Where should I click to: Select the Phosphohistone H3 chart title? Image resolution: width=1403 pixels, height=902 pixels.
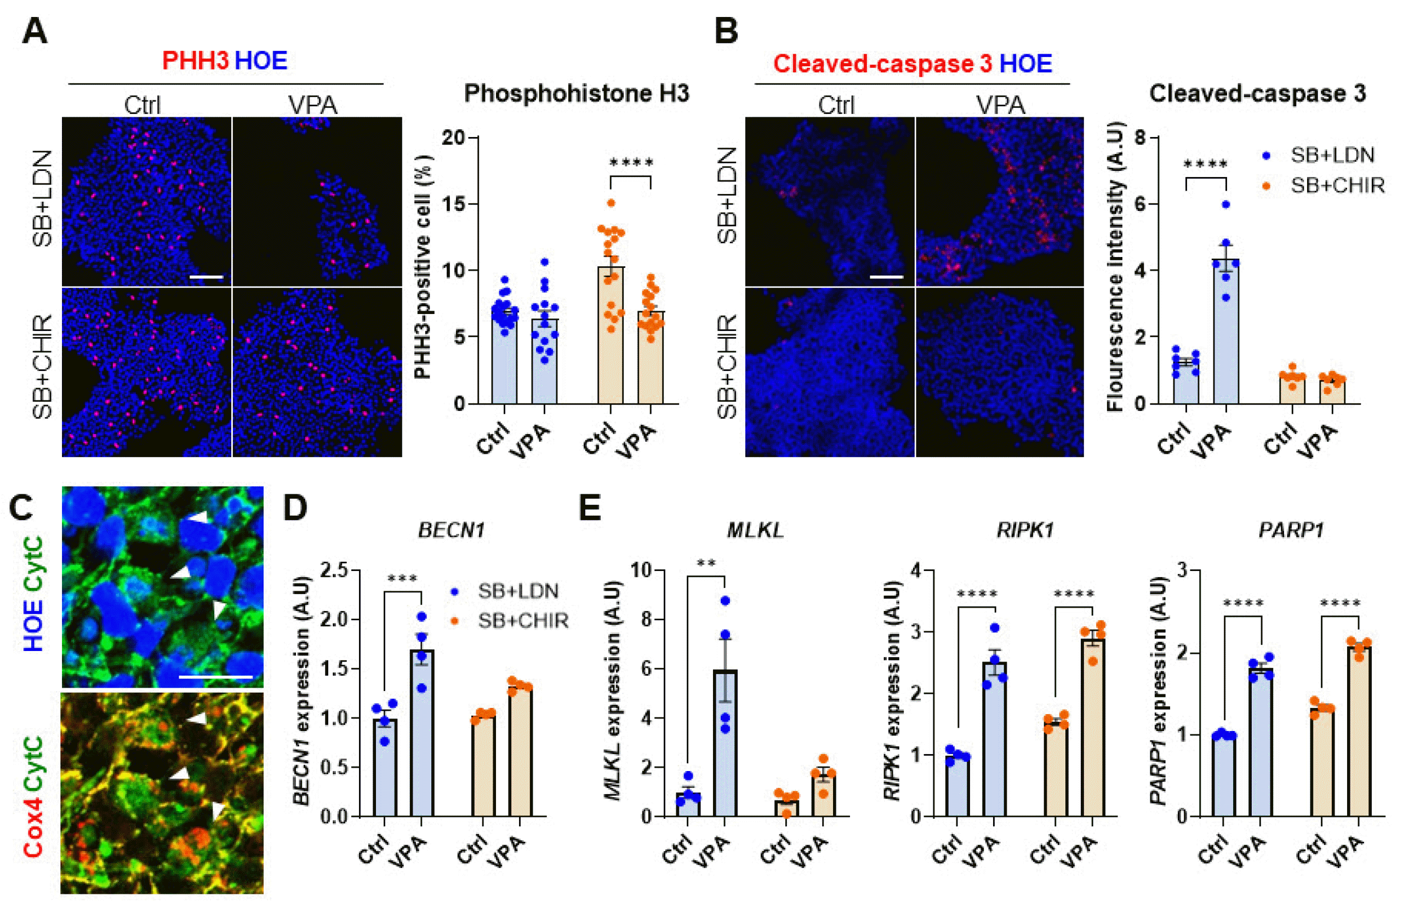click(577, 94)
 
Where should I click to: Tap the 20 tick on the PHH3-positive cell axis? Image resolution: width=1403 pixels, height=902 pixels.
click(453, 138)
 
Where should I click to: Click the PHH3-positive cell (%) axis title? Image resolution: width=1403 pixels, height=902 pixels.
click(423, 267)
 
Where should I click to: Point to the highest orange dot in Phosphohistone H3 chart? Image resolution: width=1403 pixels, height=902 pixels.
click(611, 203)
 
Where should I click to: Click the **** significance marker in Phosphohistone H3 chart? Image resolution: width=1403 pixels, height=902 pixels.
click(631, 163)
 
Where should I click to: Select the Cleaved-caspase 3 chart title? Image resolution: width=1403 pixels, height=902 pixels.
click(1257, 94)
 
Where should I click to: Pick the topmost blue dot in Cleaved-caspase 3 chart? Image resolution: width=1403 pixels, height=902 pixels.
click(1225, 204)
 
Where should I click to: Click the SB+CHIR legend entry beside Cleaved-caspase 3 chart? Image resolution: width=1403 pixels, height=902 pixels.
click(1337, 186)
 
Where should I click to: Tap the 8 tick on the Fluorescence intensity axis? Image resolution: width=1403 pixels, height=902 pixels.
click(1139, 138)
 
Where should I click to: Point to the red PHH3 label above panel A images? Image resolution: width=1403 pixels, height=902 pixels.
click(195, 61)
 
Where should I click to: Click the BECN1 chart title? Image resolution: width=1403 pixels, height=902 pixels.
click(451, 530)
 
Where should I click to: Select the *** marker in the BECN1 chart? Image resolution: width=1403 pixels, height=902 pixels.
click(402, 579)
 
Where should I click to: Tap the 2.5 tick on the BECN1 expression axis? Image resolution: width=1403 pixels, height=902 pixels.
click(333, 570)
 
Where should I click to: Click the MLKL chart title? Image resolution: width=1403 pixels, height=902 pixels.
click(755, 530)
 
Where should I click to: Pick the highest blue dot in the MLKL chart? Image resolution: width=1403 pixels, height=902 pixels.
click(725, 601)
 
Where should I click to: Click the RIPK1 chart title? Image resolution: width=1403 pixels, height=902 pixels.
click(1025, 530)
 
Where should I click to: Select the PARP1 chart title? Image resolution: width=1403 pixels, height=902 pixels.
click(1291, 530)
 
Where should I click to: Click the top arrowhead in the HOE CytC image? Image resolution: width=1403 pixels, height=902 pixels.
click(199, 517)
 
